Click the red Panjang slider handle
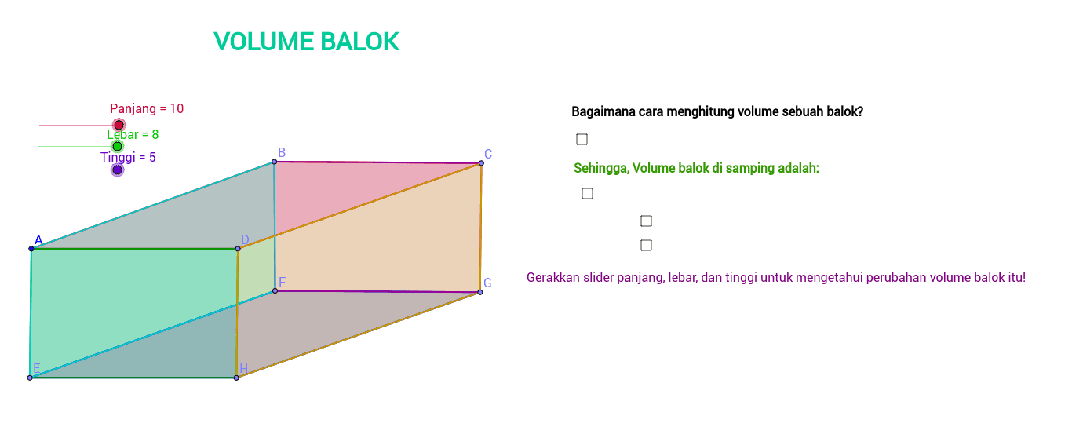click(x=119, y=126)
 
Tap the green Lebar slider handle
click(x=117, y=146)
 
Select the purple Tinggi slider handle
click(x=117, y=170)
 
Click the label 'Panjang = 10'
click(x=147, y=108)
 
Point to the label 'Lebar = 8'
click(x=133, y=134)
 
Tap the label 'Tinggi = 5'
click(x=128, y=158)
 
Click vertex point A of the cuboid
click(x=31, y=249)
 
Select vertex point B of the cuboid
click(x=274, y=162)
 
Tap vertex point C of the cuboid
click(x=481, y=163)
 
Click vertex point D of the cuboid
click(x=238, y=249)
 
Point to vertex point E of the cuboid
click(x=30, y=378)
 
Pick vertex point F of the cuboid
click(x=275, y=291)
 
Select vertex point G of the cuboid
click(x=480, y=292)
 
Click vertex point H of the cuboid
click(x=236, y=378)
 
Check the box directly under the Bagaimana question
click(x=582, y=139)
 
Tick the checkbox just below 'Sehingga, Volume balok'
click(x=587, y=193)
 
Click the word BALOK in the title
click(x=360, y=42)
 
